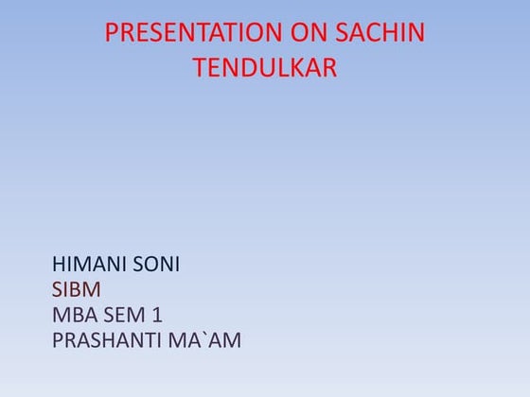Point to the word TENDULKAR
click(x=265, y=68)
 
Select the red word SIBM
click(x=76, y=290)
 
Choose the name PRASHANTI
click(x=112, y=340)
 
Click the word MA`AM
click(x=209, y=340)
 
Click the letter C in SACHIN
click(x=373, y=33)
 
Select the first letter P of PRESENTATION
click(x=112, y=33)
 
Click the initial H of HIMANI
click(x=60, y=266)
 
